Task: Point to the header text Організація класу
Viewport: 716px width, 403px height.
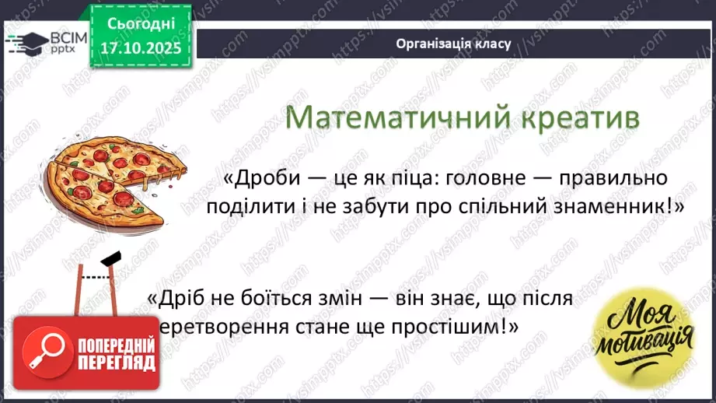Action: pyautogui.click(x=453, y=44)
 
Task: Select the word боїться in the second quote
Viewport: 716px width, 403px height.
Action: pyautogui.click(x=285, y=299)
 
